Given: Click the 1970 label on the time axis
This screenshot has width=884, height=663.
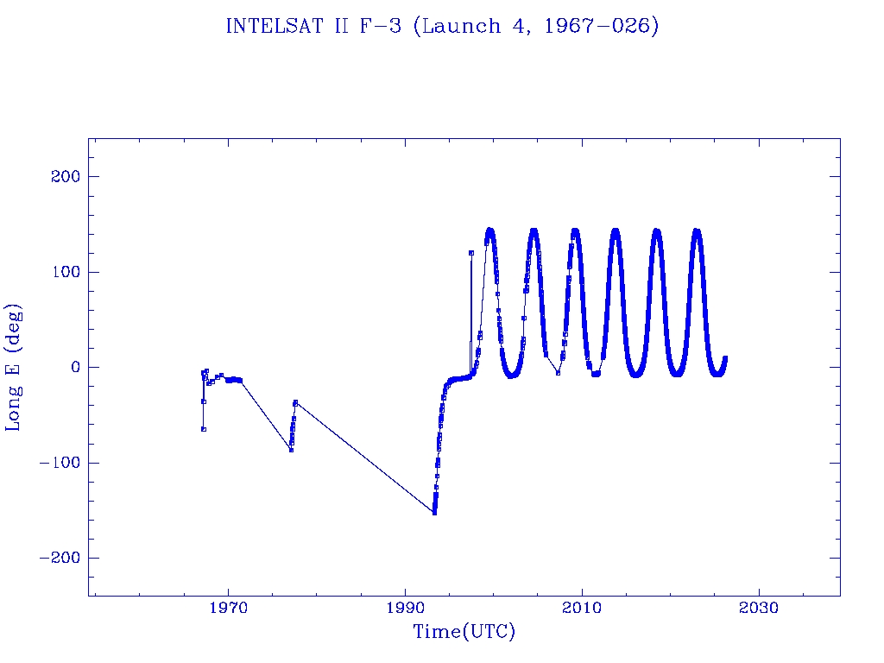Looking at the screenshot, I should coord(229,609).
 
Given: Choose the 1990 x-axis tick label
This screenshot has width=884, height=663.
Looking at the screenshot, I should coord(405,609).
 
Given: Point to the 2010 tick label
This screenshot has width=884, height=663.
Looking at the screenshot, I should coord(582,609).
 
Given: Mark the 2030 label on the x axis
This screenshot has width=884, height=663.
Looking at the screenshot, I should coord(758,609).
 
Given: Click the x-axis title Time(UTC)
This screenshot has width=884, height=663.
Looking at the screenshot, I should coord(464,632).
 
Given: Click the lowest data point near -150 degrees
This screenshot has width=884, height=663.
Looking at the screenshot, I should coord(434,513).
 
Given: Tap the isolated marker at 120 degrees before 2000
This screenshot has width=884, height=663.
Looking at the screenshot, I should coord(471,253).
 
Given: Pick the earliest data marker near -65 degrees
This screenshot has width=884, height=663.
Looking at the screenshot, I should coord(203,429).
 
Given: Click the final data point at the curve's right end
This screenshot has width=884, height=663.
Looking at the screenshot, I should coord(725,357).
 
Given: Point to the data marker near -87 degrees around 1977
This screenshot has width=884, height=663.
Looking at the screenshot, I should coord(291,450).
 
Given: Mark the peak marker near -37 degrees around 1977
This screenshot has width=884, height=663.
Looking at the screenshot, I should coord(295,402).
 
